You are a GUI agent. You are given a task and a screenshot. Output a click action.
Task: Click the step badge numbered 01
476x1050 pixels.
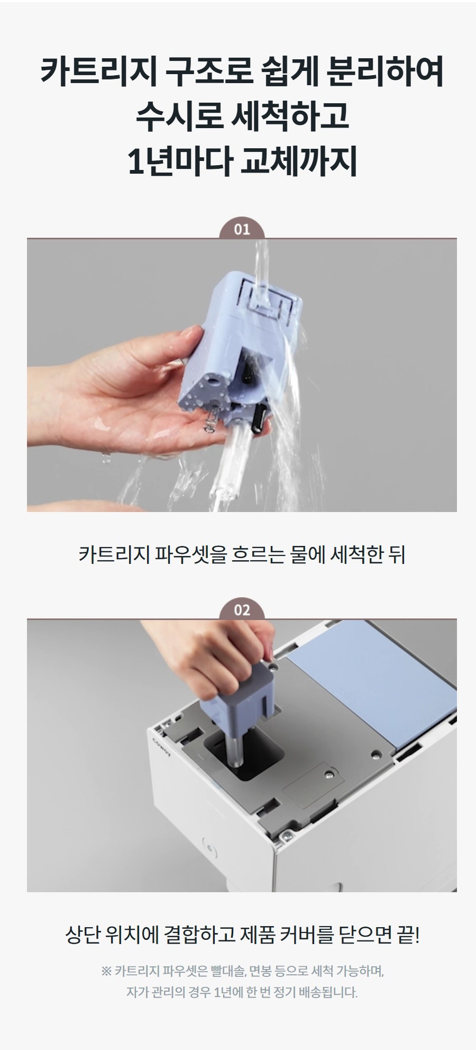242,229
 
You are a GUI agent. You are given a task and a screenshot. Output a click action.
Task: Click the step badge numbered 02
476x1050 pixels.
242,610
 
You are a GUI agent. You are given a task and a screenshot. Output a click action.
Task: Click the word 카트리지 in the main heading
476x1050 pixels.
98,73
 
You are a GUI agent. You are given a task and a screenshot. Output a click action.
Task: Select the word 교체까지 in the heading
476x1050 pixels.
299,161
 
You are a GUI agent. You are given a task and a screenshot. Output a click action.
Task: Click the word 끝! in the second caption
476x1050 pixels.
408,935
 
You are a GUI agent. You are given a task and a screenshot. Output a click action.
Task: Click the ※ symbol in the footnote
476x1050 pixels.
106,972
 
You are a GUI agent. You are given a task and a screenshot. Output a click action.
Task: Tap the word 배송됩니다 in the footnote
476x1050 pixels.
328,992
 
